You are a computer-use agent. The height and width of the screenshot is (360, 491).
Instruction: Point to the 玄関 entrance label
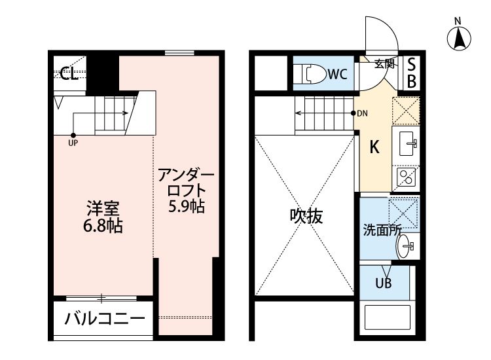pyautogui.click(x=384, y=63)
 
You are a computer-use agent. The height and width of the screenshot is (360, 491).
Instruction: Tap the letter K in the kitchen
pyautogui.click(x=374, y=147)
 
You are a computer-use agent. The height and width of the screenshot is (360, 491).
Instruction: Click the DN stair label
pyautogui.click(x=362, y=113)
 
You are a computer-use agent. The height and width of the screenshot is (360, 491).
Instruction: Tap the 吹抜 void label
pyautogui.click(x=306, y=216)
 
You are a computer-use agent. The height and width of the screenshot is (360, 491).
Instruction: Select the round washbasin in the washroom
pyautogui.click(x=406, y=246)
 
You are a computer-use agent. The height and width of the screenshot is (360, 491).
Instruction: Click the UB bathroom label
pyautogui.click(x=384, y=283)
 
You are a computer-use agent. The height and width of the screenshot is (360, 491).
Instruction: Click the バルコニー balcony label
pyautogui.click(x=104, y=320)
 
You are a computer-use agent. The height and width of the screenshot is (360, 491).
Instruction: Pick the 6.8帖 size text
pyautogui.click(x=104, y=226)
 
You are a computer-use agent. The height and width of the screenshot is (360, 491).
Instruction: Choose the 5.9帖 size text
pyautogui.click(x=187, y=207)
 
